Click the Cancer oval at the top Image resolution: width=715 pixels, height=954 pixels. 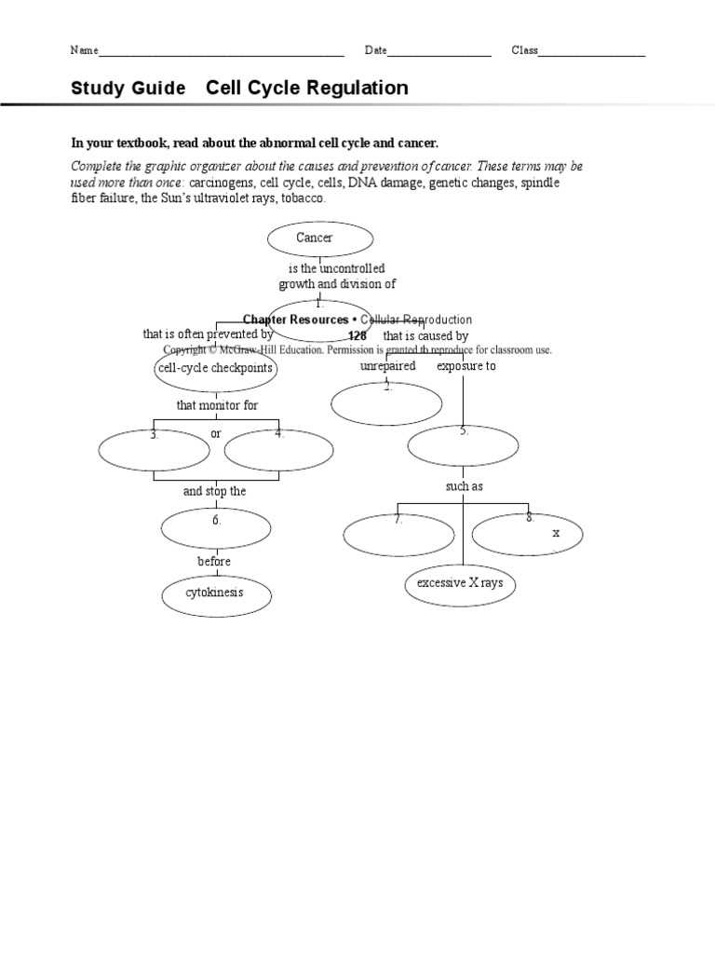click(x=314, y=238)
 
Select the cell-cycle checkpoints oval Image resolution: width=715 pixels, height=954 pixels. click(x=214, y=369)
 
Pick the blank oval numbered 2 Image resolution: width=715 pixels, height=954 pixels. click(x=386, y=403)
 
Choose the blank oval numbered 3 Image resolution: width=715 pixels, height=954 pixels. click(x=155, y=452)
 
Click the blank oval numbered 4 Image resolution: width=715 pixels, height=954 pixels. click(x=278, y=452)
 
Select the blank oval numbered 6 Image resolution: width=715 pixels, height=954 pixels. click(x=215, y=527)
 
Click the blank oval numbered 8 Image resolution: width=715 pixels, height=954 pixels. click(x=527, y=533)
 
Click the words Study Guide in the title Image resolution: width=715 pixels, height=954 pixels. click(x=130, y=89)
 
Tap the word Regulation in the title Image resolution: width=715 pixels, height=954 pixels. click(x=360, y=89)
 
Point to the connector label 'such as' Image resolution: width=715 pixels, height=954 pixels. click(x=465, y=486)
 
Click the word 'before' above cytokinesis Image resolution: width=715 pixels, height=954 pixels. click(x=214, y=562)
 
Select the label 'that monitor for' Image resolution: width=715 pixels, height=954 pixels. click(x=218, y=405)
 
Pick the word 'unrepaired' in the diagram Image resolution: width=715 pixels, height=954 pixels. click(x=387, y=366)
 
